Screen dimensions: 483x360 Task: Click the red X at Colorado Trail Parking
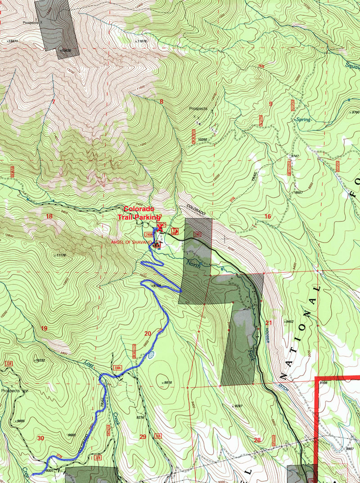coord(160,228)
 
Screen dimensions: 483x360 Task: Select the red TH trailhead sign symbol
coord(175,232)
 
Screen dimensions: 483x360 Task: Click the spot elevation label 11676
coord(142,41)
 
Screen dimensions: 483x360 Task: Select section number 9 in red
coord(270,104)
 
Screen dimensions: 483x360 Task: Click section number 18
coord(49,217)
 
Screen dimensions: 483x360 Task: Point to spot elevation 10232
coord(40,360)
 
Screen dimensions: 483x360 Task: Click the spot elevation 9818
coord(168,383)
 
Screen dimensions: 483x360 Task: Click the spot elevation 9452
coord(289,321)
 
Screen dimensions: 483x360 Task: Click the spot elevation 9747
coord(295,156)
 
